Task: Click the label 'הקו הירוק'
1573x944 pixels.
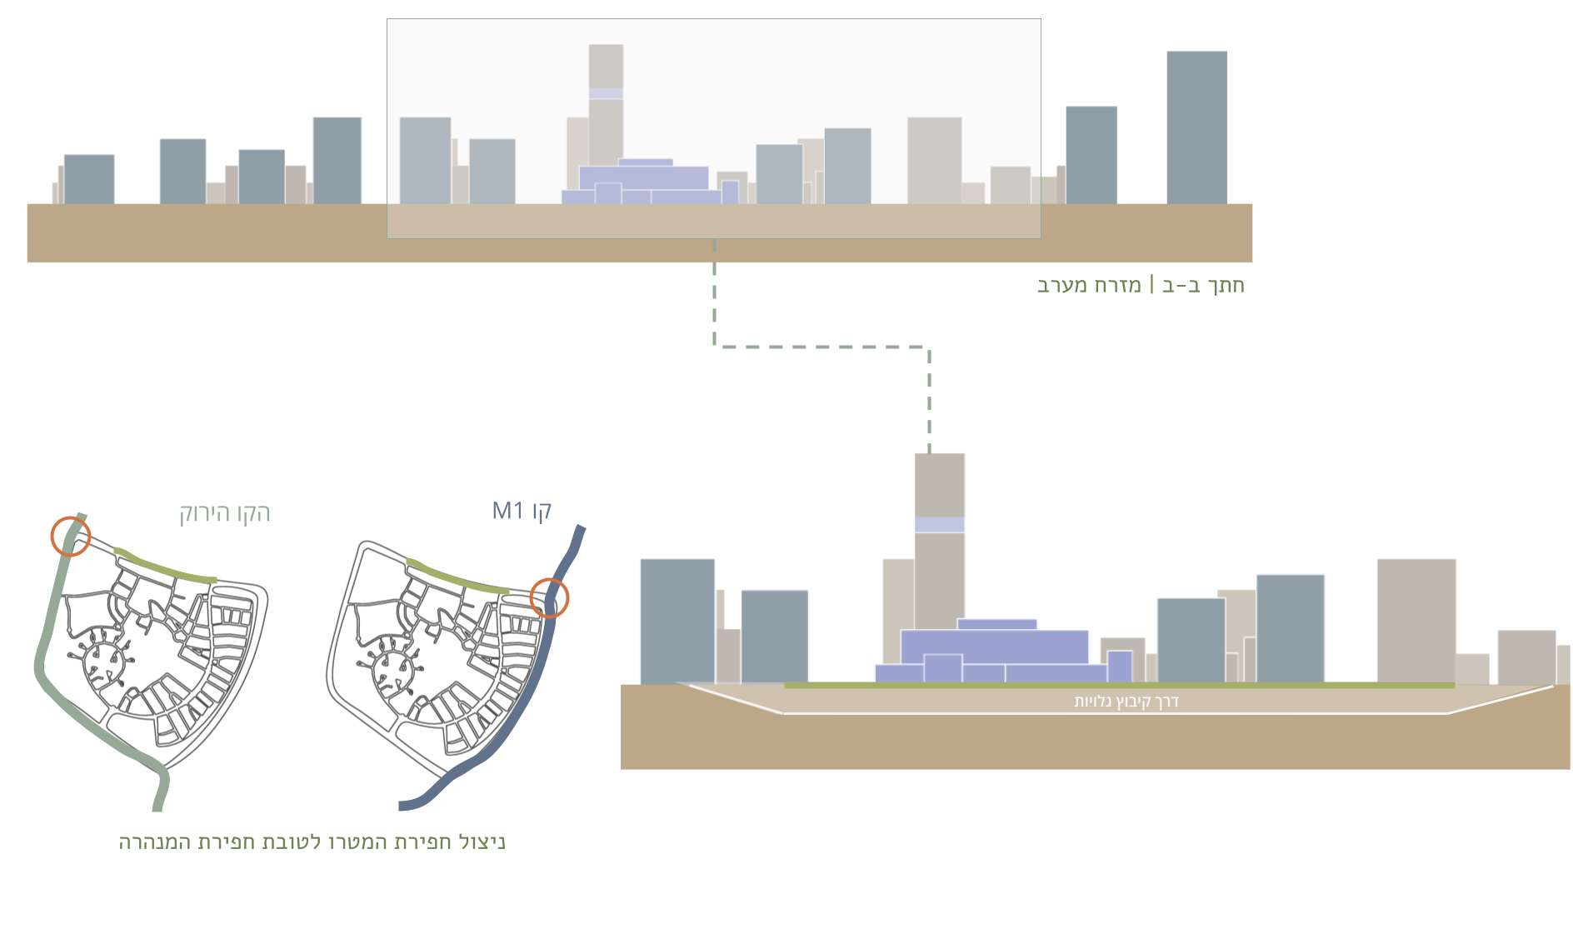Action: [x=225, y=513]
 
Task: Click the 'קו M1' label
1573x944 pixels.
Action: [x=522, y=511]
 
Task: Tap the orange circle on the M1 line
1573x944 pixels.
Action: [x=549, y=597]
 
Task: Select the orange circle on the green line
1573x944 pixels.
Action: [x=71, y=536]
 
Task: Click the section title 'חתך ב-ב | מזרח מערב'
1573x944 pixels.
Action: [x=1140, y=286]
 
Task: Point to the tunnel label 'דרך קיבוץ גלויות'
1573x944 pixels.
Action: [x=1126, y=702]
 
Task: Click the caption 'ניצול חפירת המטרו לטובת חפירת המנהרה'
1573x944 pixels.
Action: [x=312, y=842]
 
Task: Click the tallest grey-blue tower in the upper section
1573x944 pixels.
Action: [x=1196, y=127]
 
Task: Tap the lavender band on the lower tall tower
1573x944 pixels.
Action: [x=939, y=525]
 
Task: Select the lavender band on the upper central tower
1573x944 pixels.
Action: [x=606, y=94]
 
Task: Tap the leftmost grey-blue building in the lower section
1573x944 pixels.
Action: [x=677, y=620]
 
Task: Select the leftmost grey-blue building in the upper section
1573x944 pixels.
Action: [x=89, y=178]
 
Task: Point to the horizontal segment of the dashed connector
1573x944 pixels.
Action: [x=821, y=347]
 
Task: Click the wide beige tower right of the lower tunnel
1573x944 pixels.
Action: [x=1416, y=620]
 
